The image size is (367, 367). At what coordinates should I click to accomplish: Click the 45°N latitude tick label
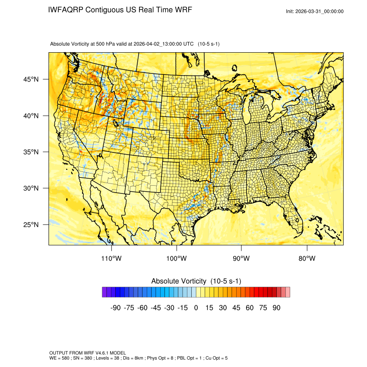pyautogui.click(x=31, y=79)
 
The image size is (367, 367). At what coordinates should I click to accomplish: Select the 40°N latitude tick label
pyautogui.click(x=31, y=116)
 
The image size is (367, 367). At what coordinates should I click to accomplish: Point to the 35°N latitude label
pyautogui.click(x=31, y=152)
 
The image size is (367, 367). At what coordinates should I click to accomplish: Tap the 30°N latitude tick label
pyautogui.click(x=31, y=188)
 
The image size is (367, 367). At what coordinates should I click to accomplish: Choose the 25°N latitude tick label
pyautogui.click(x=31, y=225)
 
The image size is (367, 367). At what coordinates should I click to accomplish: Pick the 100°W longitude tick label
pyautogui.click(x=177, y=259)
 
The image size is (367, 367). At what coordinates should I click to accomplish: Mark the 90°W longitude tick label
pyautogui.click(x=241, y=259)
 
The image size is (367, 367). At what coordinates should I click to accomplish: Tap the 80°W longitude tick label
pyautogui.click(x=307, y=259)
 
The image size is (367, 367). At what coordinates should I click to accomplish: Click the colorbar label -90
pyautogui.click(x=115, y=308)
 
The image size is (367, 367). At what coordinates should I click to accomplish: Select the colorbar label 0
pyautogui.click(x=196, y=308)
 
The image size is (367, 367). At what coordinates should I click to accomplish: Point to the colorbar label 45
pyautogui.click(x=236, y=308)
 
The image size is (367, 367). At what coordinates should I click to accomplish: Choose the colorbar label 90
pyautogui.click(x=276, y=308)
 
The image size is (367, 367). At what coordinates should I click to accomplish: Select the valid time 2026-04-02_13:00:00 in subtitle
pyautogui.click(x=158, y=44)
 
